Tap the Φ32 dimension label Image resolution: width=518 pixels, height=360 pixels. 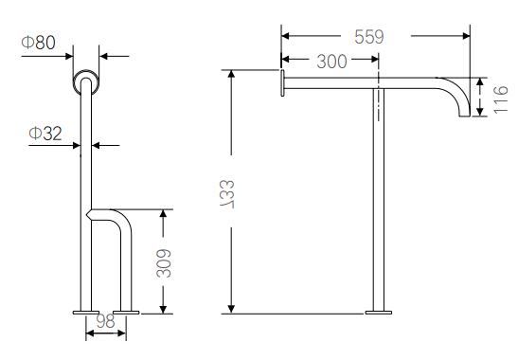(45, 134)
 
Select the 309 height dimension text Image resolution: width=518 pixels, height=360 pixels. (163, 262)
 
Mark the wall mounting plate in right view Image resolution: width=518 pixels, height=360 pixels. (282, 82)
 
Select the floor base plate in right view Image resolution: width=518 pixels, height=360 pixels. (380, 312)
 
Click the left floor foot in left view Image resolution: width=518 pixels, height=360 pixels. (85, 312)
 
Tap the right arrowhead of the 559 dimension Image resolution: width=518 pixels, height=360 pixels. (468, 37)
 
